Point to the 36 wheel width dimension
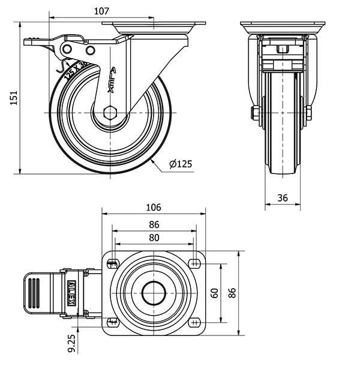tap(283, 197)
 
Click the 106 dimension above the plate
tap(154, 208)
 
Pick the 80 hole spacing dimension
tap(154, 238)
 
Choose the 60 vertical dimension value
tap(215, 293)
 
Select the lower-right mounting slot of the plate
tap(194, 323)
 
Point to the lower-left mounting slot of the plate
tap(112, 323)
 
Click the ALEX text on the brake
tap(71, 293)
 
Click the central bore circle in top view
tap(154, 293)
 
